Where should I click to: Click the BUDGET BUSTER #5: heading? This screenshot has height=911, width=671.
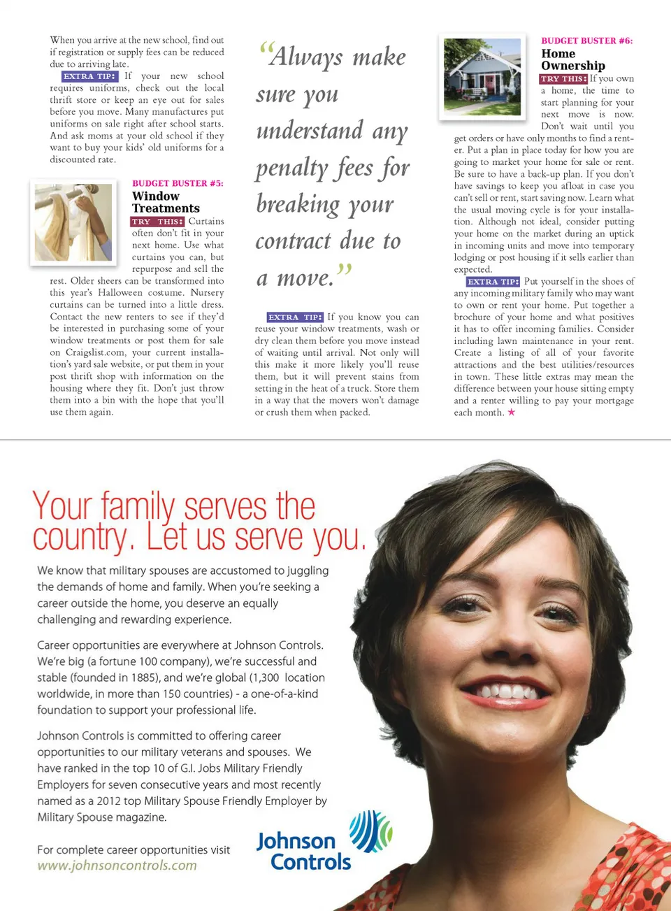point(178,184)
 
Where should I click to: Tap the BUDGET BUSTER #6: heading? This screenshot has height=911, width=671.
point(586,41)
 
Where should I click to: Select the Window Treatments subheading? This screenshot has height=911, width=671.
point(166,202)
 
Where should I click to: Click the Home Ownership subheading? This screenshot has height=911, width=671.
point(572,59)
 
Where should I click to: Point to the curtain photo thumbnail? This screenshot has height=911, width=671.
point(73,222)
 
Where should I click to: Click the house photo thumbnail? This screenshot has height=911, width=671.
point(482,76)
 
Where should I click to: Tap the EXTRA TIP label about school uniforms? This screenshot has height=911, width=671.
point(89,76)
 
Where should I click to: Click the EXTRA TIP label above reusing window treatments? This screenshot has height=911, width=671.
point(295,317)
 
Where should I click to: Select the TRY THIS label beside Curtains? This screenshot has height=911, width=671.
point(157,222)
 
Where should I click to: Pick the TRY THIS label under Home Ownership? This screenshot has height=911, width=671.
point(563,79)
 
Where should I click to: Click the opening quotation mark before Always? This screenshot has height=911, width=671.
point(264,50)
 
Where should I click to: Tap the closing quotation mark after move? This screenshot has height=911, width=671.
point(344,269)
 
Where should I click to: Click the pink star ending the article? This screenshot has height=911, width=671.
point(511,413)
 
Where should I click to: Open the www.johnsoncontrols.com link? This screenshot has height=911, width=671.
point(117,866)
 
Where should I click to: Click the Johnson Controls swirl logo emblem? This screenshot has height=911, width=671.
point(370,831)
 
